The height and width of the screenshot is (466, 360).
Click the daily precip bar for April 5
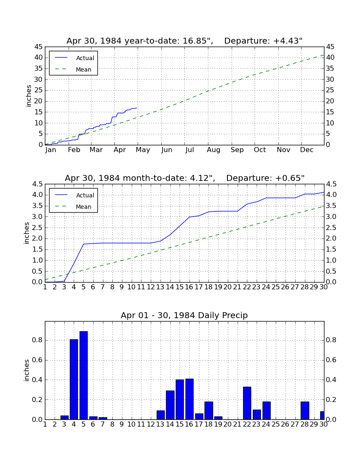pyautogui.click(x=83, y=375)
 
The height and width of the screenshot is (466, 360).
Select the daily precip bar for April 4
pyautogui.click(x=74, y=379)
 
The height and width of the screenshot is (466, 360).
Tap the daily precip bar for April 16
pyautogui.click(x=189, y=399)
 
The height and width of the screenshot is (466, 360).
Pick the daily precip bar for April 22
pyautogui.click(x=247, y=403)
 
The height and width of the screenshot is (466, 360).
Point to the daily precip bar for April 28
pyautogui.click(x=305, y=411)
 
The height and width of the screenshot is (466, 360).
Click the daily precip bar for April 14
pyautogui.click(x=170, y=405)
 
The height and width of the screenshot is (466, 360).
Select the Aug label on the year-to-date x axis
pyautogui.click(x=213, y=150)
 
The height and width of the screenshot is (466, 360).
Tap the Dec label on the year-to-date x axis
pyautogui.click(x=307, y=150)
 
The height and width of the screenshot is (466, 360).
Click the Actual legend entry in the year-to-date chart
pyautogui.click(x=73, y=58)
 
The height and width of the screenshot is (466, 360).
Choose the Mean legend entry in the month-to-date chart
pyautogui.click(x=73, y=207)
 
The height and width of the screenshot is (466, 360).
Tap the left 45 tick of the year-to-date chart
pyautogui.click(x=39, y=47)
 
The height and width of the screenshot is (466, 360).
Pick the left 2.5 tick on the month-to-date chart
pyautogui.click(x=37, y=228)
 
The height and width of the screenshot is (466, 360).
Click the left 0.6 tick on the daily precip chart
pyautogui.click(x=37, y=360)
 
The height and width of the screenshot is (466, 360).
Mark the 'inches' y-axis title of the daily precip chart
pyautogui.click(x=26, y=370)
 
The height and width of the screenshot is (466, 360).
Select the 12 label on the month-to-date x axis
pyautogui.click(x=151, y=287)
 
